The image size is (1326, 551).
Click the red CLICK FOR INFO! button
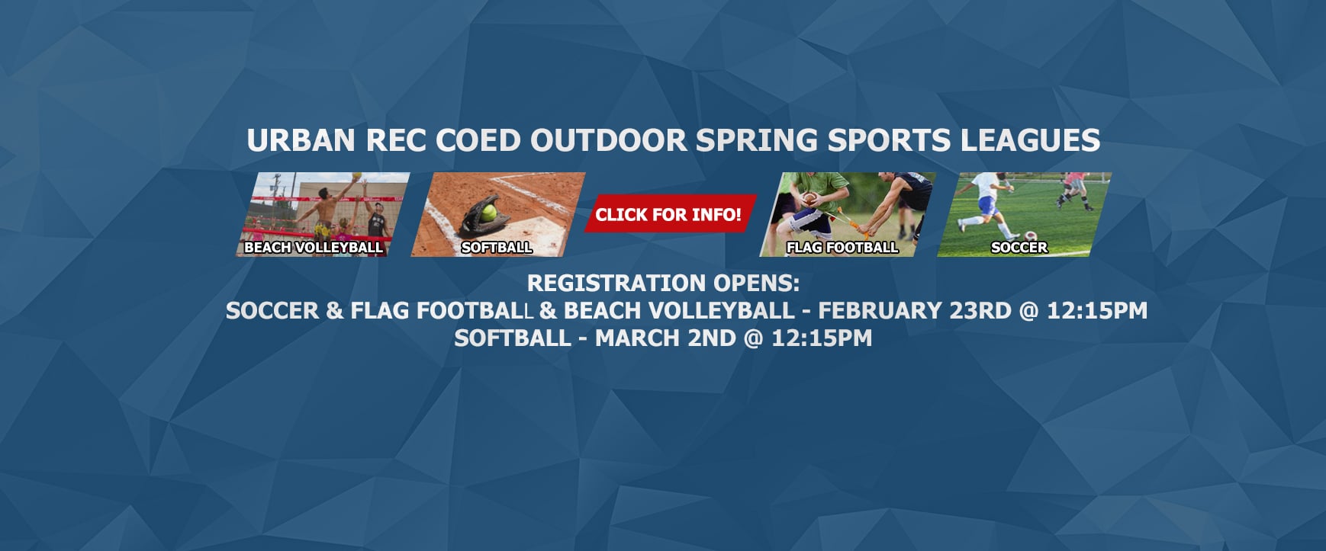pos(668,214)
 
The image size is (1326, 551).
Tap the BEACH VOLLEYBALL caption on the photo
pos(314,247)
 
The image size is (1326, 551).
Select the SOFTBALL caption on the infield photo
pos(497,247)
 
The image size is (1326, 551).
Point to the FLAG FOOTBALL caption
pos(842,247)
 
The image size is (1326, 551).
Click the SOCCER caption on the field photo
pos(1019,247)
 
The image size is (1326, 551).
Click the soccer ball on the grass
pos(1031,236)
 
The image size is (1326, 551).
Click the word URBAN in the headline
pos(301,140)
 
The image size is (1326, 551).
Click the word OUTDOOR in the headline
pos(608,140)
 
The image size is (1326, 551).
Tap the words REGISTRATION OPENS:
pos(663,283)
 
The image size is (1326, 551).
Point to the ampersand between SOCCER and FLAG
pos(334,310)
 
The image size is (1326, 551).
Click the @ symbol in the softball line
pos(753,338)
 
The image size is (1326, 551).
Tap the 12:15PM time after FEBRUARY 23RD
pos(1096,310)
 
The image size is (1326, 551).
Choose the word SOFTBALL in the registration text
pos(512,338)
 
